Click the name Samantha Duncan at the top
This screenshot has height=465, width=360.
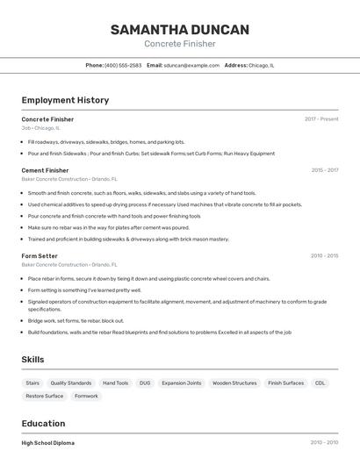(179, 30)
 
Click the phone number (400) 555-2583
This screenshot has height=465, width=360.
(123, 65)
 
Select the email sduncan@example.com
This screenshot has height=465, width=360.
(191, 65)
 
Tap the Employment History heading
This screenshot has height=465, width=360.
(65, 100)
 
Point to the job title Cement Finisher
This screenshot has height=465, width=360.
(45, 170)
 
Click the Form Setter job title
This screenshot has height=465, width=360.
(40, 256)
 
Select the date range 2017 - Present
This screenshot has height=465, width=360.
(321, 119)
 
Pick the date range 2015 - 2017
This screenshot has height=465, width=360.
(324, 170)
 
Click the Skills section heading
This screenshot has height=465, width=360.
(32, 360)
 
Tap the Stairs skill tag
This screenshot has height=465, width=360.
(32, 383)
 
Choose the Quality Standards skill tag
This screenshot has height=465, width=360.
(71, 383)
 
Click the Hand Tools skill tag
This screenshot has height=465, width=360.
(115, 383)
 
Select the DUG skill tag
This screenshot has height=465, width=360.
(145, 383)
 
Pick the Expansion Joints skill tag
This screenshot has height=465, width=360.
(182, 383)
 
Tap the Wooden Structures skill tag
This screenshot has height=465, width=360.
(234, 383)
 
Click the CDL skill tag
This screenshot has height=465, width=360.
(320, 383)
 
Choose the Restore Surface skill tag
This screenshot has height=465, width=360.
(45, 397)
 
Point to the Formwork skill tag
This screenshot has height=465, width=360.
(86, 397)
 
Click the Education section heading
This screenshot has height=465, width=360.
(43, 424)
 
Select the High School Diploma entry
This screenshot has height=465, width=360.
(48, 443)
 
